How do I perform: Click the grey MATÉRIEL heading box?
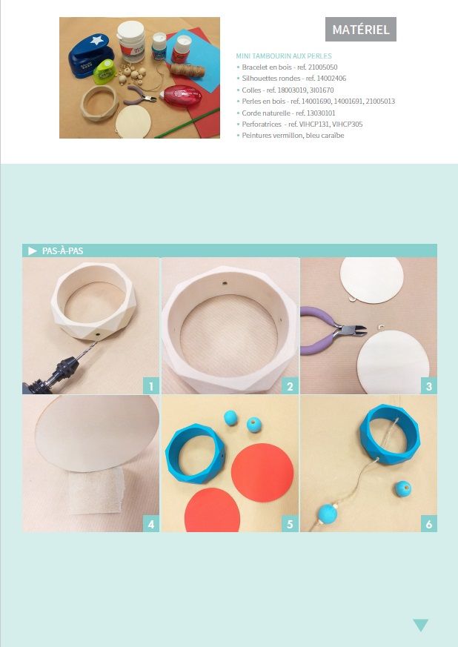coord(361,30)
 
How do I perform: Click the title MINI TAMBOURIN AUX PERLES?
coord(284,56)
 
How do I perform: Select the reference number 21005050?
coord(322,67)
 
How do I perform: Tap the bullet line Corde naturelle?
coord(286,113)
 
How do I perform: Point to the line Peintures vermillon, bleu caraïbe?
coord(291,136)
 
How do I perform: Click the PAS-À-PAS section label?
coord(63,251)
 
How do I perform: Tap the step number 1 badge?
coord(151,386)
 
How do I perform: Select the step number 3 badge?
coord(428,386)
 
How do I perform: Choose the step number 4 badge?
coord(151,524)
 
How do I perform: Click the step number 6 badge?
coord(428,524)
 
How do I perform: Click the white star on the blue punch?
coord(97,40)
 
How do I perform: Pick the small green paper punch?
coord(104,71)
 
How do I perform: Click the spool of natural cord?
coord(187,70)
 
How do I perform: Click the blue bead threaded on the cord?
coord(328,514)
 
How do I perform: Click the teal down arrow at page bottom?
coord(420,625)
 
